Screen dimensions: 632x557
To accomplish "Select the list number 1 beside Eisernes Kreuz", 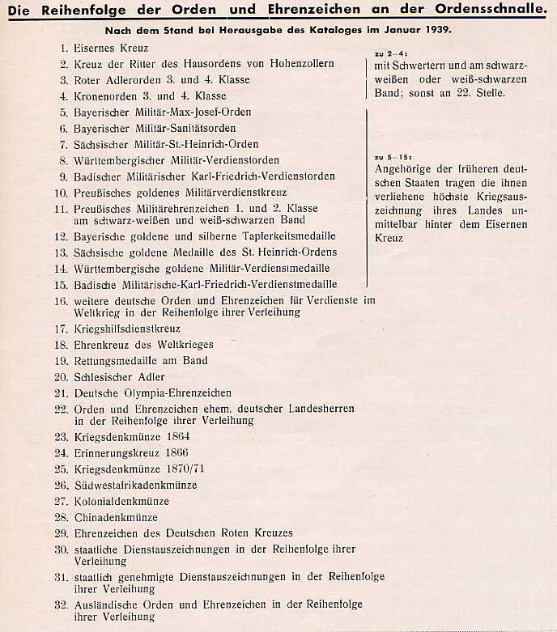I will [63, 49].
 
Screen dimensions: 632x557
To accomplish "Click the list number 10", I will [61, 193].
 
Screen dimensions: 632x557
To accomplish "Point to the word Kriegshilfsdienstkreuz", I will [127, 329].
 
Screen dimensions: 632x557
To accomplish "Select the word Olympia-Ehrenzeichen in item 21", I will [176, 393].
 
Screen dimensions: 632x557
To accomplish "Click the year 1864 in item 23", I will [176, 437].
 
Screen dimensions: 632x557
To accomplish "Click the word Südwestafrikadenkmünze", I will [134, 486].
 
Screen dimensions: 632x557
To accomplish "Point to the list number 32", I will [61, 604].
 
